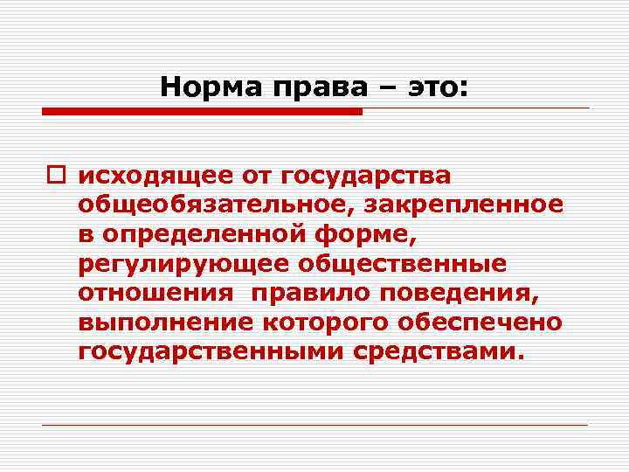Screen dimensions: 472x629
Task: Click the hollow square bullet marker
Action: (x=59, y=177)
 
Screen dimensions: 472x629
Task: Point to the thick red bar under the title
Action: (x=202, y=112)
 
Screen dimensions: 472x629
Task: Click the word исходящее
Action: (x=153, y=176)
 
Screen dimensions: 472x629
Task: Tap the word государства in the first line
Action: (x=366, y=176)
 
